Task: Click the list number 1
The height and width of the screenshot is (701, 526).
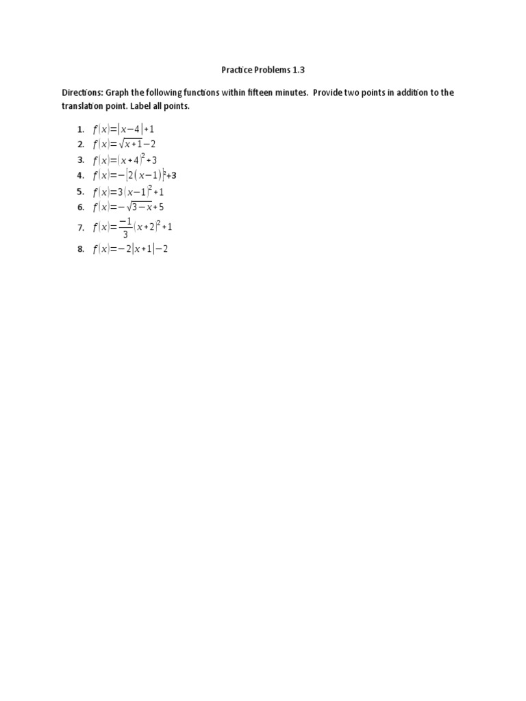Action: point(80,129)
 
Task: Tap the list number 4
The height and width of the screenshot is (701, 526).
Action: point(80,175)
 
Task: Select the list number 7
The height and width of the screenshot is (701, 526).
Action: point(80,228)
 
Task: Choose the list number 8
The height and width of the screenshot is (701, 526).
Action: point(80,250)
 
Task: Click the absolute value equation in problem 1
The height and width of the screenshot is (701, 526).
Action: point(128,129)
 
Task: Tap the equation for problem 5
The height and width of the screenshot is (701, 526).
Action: point(129,192)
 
